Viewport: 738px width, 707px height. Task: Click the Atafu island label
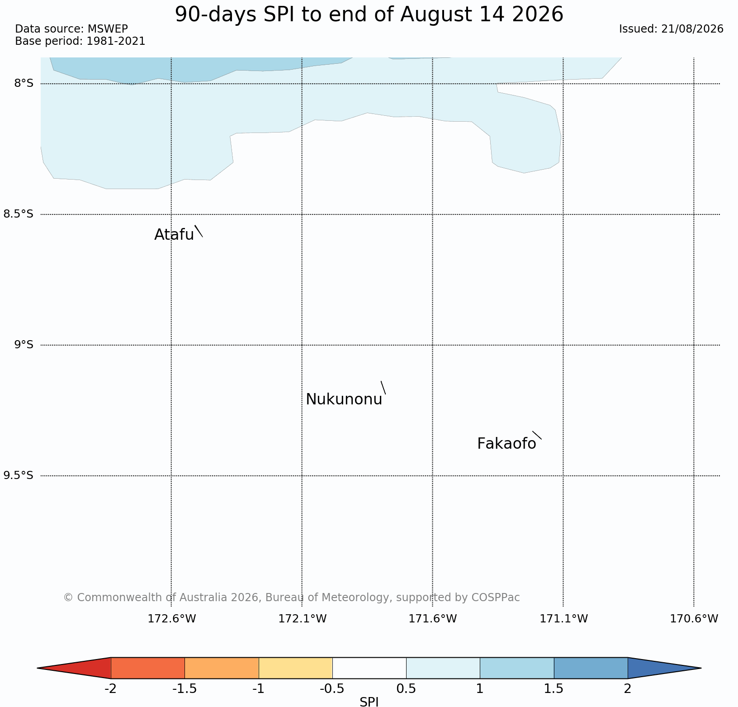tap(174, 235)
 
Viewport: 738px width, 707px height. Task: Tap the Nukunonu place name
tap(344, 399)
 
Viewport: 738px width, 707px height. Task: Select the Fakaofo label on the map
tap(506, 444)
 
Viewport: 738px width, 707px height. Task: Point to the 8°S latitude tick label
tap(24, 83)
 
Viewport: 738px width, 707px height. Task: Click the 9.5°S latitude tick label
tap(18, 475)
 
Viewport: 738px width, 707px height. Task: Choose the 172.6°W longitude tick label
tap(172, 618)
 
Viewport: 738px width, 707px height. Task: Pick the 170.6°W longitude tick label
tap(694, 618)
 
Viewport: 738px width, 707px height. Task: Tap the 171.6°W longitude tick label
tap(433, 618)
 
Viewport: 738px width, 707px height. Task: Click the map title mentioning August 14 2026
tap(369, 14)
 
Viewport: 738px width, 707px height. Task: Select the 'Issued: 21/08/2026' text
tap(671, 29)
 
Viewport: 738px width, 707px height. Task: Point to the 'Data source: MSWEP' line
tap(71, 29)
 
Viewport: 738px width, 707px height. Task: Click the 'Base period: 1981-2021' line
tap(80, 41)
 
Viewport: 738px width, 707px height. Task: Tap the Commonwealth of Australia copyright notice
tap(292, 598)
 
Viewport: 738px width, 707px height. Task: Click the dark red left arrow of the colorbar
tap(81, 668)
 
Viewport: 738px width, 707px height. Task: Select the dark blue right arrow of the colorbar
tap(658, 668)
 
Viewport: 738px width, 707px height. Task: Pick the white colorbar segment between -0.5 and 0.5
tap(369, 668)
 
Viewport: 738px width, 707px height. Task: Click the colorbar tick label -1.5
tap(184, 689)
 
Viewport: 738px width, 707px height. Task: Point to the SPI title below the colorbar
tap(369, 702)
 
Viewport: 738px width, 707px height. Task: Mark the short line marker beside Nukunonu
tap(383, 388)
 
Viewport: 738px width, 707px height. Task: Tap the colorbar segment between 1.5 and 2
tap(591, 668)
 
